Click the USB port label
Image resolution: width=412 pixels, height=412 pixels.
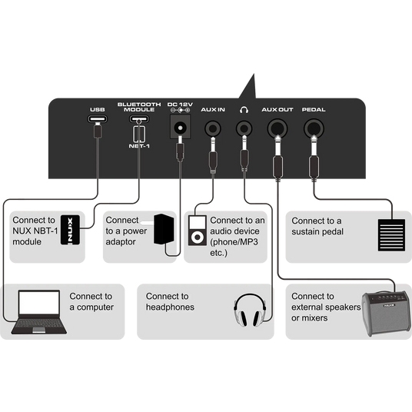[x=98, y=110]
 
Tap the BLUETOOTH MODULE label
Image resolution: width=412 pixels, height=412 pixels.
[x=139, y=107]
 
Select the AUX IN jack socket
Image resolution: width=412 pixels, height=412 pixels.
[x=213, y=128]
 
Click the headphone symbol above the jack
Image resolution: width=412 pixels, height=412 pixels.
[x=244, y=110]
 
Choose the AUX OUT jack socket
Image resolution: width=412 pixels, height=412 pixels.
[x=277, y=128]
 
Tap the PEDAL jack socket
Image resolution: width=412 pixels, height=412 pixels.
[x=314, y=128]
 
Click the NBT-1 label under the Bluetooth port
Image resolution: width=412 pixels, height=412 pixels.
[x=139, y=146]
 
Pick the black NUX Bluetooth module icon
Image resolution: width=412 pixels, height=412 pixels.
[x=70, y=230]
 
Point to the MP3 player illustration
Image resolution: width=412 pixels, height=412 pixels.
[x=198, y=231]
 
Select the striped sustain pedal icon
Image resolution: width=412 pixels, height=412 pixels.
[x=391, y=235]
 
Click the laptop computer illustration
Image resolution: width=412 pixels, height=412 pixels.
[x=39, y=312]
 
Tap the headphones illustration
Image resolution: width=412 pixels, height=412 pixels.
[x=250, y=310]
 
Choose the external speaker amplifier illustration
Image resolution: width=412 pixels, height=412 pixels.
[x=386, y=314]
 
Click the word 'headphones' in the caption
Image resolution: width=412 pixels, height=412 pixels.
[x=170, y=307]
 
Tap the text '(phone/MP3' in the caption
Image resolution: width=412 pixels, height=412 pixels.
[x=234, y=242]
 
